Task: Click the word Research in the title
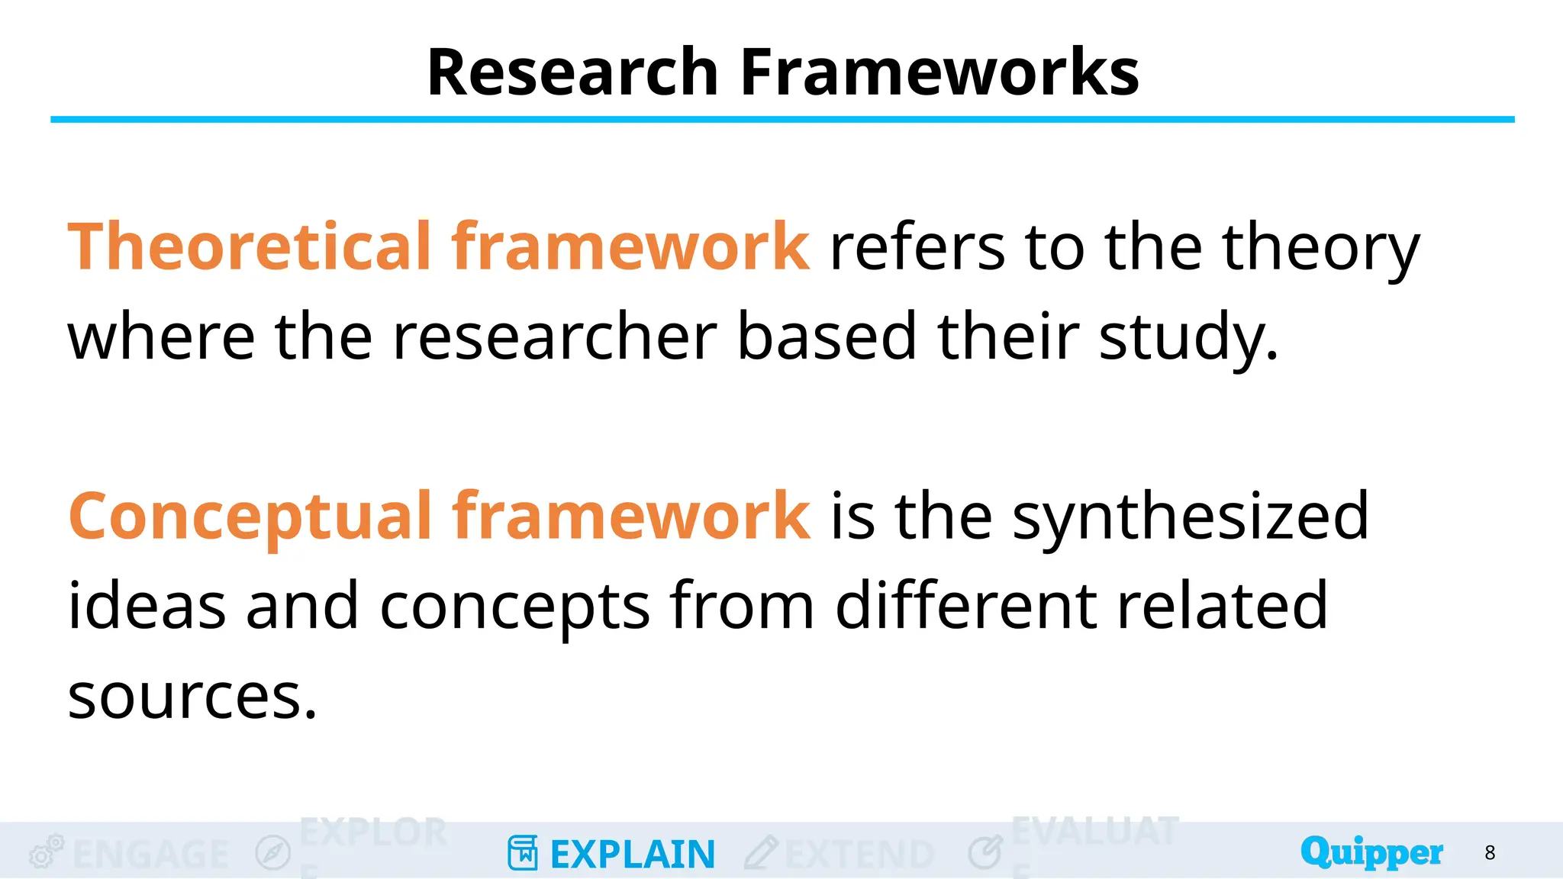coord(572,72)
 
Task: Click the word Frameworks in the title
coord(939,72)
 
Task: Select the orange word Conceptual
coord(250,517)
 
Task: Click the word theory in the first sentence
coord(1320,249)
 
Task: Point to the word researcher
coord(554,337)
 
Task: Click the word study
coord(1188,337)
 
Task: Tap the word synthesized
coord(1191,517)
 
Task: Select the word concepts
coord(514,607)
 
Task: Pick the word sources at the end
coord(191,696)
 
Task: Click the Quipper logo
coord(1371,852)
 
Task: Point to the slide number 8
coord(1490,853)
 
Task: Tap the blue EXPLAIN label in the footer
coord(633,855)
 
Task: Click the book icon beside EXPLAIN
coord(523,853)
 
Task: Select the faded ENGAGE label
coord(151,855)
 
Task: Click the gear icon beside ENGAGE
coord(45,852)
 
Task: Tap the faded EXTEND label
coord(859,855)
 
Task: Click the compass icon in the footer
coord(273,853)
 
